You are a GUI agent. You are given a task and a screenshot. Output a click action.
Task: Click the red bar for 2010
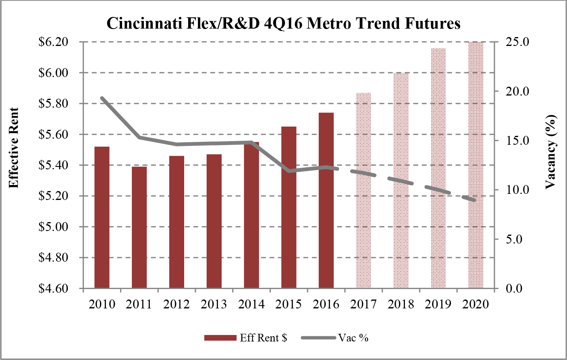pos(102,218)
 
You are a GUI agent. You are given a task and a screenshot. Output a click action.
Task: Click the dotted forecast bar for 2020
pos(476,165)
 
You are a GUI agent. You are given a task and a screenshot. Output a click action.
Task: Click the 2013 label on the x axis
pos(214,304)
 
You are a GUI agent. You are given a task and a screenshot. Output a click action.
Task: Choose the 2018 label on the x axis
pos(401,304)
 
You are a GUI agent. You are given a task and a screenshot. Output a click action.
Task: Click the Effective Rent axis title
pos(14,148)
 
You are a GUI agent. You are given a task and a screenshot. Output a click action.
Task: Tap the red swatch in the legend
pos(220,338)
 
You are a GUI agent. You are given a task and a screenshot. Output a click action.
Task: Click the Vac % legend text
pos(353,338)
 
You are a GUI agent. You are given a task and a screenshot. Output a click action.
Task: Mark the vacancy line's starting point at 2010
pos(102,98)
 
